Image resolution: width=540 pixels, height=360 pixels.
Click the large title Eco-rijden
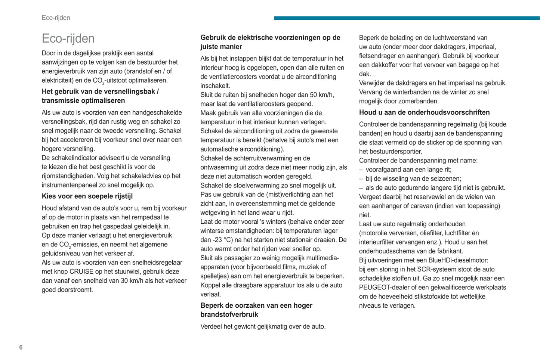click(x=68, y=38)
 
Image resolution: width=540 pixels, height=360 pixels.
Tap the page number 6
click(x=21, y=347)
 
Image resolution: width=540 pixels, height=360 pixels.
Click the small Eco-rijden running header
click(x=56, y=18)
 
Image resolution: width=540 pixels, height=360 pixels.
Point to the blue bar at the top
click(x=407, y=18)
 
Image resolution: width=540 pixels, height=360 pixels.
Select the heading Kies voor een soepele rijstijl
click(x=87, y=196)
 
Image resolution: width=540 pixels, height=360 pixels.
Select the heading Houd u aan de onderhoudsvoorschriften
click(x=424, y=112)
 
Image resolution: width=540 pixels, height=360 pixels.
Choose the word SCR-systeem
click(x=434, y=269)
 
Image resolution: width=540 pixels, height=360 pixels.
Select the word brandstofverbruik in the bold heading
click(x=229, y=314)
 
